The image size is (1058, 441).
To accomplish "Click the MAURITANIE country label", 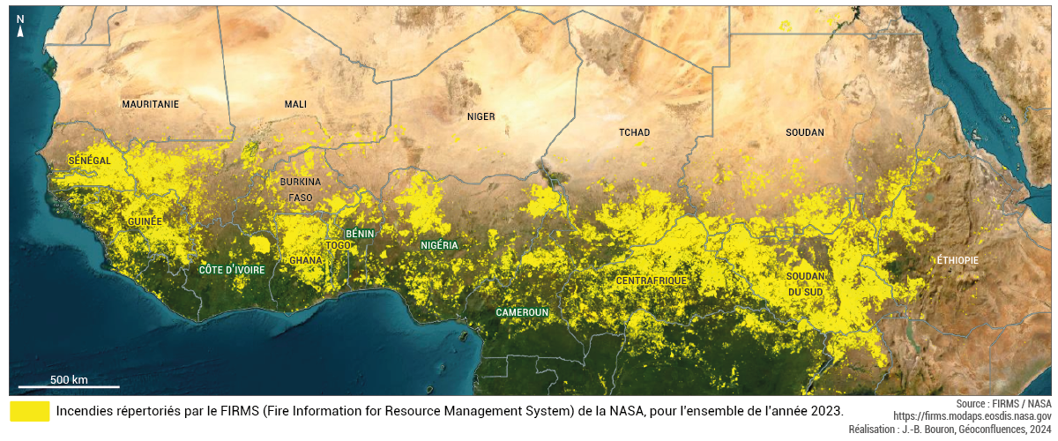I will point(150,104).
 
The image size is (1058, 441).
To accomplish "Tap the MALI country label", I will point(295,104).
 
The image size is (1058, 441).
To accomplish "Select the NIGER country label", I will point(481,116).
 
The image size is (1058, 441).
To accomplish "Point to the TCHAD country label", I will point(634,132).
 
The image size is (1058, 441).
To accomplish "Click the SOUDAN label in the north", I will point(804,132).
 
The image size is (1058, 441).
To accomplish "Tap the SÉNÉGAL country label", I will point(90,161).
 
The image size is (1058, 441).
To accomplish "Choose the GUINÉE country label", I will point(145,221).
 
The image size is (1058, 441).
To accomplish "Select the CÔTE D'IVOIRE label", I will point(232,270).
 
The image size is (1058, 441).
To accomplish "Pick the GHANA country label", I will point(306,261).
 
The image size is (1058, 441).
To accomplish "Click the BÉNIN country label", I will point(360,234).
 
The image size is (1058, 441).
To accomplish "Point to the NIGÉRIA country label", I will point(439,245).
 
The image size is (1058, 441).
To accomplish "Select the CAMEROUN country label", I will point(522,312).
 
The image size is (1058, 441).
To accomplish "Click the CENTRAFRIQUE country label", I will point(651,280).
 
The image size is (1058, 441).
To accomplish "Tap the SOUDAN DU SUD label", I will point(805,283).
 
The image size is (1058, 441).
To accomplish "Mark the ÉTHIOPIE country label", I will point(957,260).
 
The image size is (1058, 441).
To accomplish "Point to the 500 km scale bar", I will point(69,385).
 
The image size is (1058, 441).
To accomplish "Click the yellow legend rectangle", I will point(30,411).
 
